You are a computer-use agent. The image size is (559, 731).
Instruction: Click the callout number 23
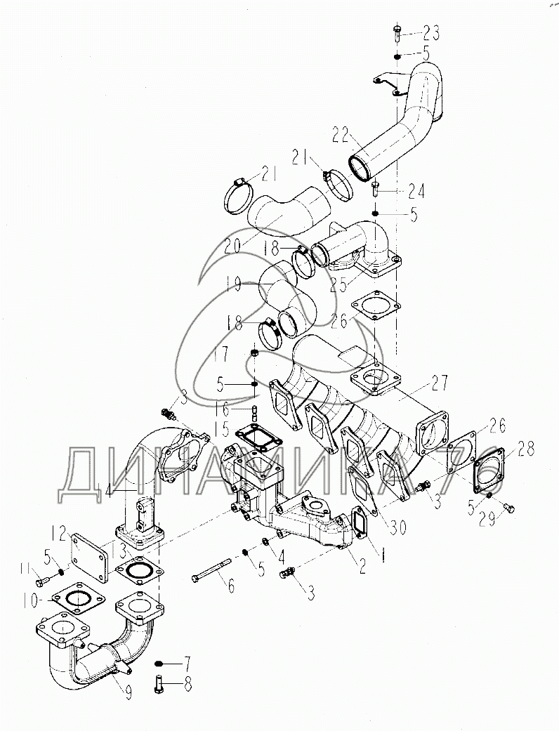(430, 33)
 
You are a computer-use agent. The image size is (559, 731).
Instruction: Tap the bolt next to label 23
(397, 32)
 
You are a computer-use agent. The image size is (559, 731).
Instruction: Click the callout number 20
(234, 245)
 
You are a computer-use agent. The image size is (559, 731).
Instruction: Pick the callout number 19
(233, 284)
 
